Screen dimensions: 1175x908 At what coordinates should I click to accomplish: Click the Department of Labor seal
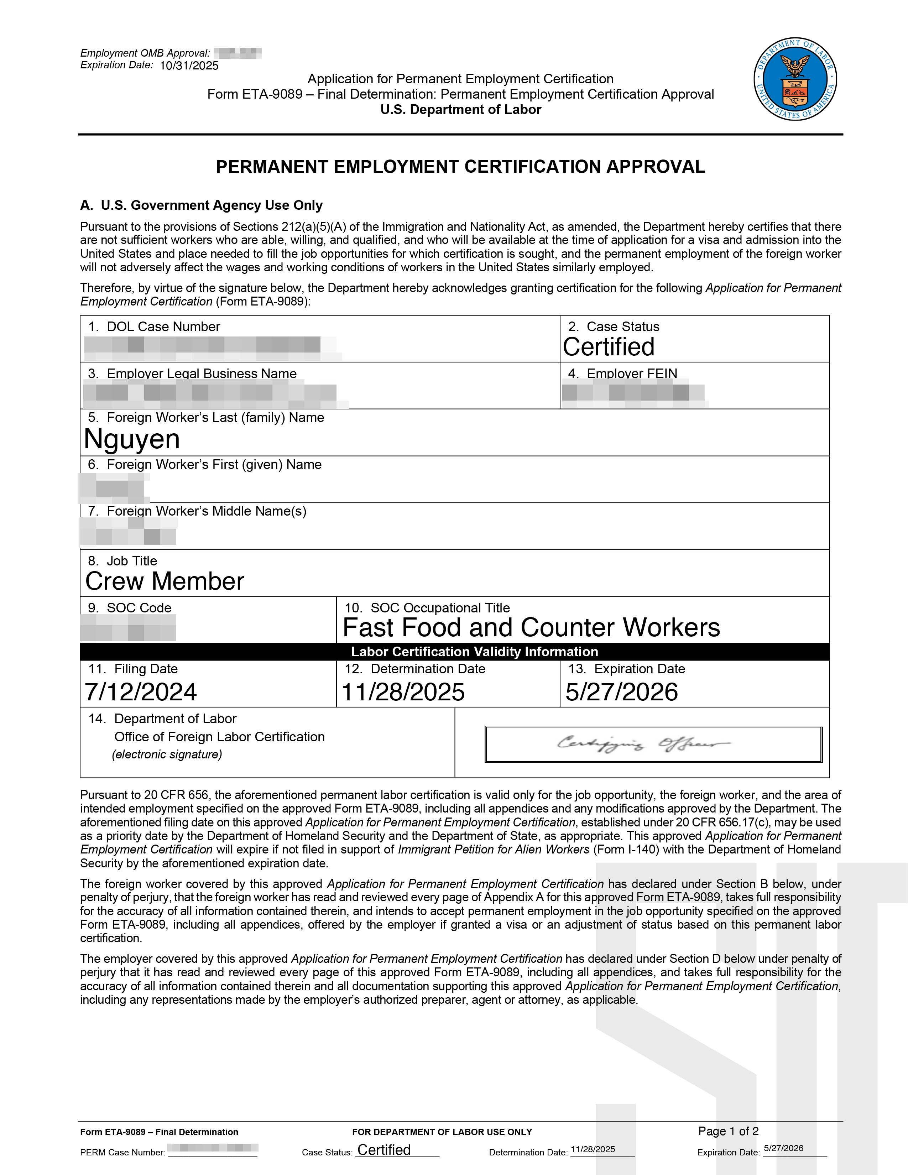pyautogui.click(x=795, y=79)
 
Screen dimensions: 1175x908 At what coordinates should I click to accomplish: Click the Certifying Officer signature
pyautogui.click(x=643, y=744)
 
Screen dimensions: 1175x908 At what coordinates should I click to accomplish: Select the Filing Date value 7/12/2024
pyautogui.click(x=141, y=692)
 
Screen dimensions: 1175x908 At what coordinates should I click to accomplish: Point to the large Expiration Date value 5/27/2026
pyautogui.click(x=621, y=692)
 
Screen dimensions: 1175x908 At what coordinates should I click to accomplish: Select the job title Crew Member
pyautogui.click(x=165, y=581)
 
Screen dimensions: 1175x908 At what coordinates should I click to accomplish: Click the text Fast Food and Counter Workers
pyautogui.click(x=532, y=627)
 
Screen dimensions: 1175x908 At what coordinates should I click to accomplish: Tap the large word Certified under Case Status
pyautogui.click(x=609, y=347)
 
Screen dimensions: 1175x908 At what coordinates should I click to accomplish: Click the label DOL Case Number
pyautogui.click(x=163, y=327)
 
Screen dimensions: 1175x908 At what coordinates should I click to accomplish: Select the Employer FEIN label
pyautogui.click(x=632, y=374)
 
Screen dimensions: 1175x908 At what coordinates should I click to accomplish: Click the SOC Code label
pyautogui.click(x=139, y=607)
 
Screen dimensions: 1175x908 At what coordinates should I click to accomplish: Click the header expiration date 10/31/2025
pyautogui.click(x=189, y=66)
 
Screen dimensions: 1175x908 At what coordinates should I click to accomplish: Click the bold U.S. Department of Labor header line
pyautogui.click(x=460, y=110)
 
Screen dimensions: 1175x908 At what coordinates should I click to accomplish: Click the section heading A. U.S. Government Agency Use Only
pyautogui.click(x=201, y=205)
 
